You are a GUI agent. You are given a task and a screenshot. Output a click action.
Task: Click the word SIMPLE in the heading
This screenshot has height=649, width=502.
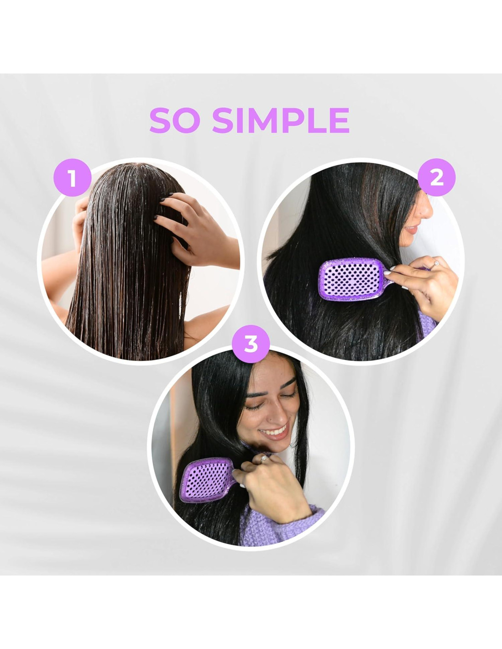click(281, 120)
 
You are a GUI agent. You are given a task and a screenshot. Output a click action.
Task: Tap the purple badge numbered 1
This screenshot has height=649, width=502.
click(72, 178)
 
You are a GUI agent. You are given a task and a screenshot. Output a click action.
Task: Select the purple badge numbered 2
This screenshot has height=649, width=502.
click(436, 178)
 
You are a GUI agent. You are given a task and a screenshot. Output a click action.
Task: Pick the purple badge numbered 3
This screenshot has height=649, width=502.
click(251, 344)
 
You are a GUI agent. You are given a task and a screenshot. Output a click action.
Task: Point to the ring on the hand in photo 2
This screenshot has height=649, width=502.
click(437, 264)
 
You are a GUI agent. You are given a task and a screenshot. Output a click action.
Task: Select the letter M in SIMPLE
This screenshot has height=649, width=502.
click(259, 120)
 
